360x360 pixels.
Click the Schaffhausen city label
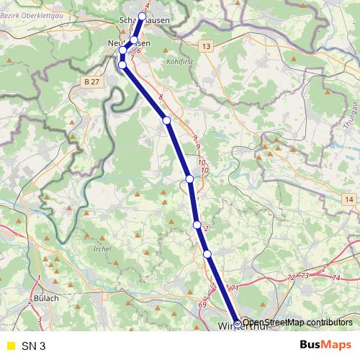coord(146,21)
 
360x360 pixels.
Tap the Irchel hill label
coord(102,248)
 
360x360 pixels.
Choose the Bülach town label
coord(45,297)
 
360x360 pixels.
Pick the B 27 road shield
coord(90,82)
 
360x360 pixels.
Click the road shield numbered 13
coord(207,46)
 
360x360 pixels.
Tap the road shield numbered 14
coord(349,199)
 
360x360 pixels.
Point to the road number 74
coord(337,277)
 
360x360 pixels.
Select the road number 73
coord(305,276)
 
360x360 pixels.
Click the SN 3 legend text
coord(33,346)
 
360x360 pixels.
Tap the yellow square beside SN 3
coord(9,346)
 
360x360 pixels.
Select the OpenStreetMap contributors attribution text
coord(297,323)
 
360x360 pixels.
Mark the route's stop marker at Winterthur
coord(238,323)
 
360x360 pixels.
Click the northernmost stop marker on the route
coord(142,16)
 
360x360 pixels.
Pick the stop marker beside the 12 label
coord(197,225)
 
